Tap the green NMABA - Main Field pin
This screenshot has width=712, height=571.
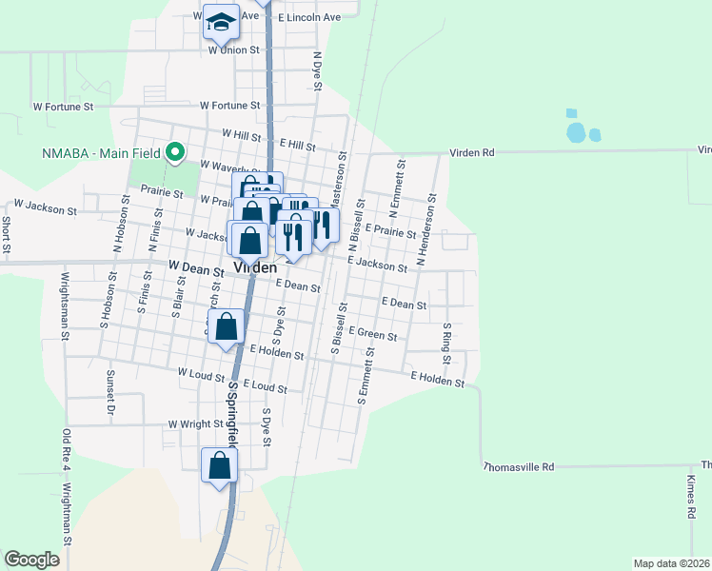click(x=175, y=152)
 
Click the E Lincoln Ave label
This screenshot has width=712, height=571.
click(x=309, y=17)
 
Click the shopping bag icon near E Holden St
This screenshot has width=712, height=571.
click(x=227, y=327)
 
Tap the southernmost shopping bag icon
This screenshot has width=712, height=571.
click(x=219, y=466)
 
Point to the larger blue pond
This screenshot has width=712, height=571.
click(x=576, y=132)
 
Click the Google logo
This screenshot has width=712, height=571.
click(x=32, y=560)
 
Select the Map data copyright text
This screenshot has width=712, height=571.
click(x=671, y=563)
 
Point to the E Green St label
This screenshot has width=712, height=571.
click(x=371, y=333)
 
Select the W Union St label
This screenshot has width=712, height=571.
click(x=233, y=49)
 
